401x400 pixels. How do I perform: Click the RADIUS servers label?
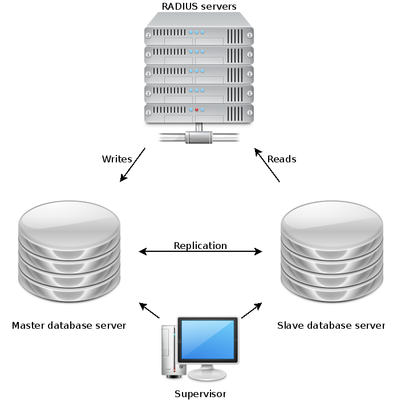[x=199, y=7]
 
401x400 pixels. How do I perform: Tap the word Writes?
[x=117, y=159]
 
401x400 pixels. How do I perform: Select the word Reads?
[x=282, y=159]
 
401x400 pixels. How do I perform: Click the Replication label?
[x=200, y=246]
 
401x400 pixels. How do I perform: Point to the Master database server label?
[x=69, y=326]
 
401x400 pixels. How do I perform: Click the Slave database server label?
[x=331, y=326]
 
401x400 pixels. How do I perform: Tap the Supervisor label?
[x=200, y=394]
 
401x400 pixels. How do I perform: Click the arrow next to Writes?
[x=132, y=165]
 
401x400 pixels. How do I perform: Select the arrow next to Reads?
[x=266, y=165]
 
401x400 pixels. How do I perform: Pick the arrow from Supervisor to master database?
[x=150, y=310]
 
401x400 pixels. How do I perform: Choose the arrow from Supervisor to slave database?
[x=251, y=311]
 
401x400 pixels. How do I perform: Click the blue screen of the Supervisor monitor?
[x=206, y=340]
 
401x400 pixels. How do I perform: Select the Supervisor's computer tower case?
[x=169, y=350]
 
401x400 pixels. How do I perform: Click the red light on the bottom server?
[x=197, y=109]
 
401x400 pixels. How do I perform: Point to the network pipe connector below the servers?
[x=199, y=137]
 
